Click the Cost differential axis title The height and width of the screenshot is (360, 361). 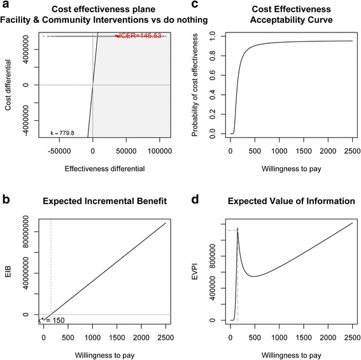[8, 85]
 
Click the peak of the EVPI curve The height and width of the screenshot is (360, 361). [238, 229]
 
